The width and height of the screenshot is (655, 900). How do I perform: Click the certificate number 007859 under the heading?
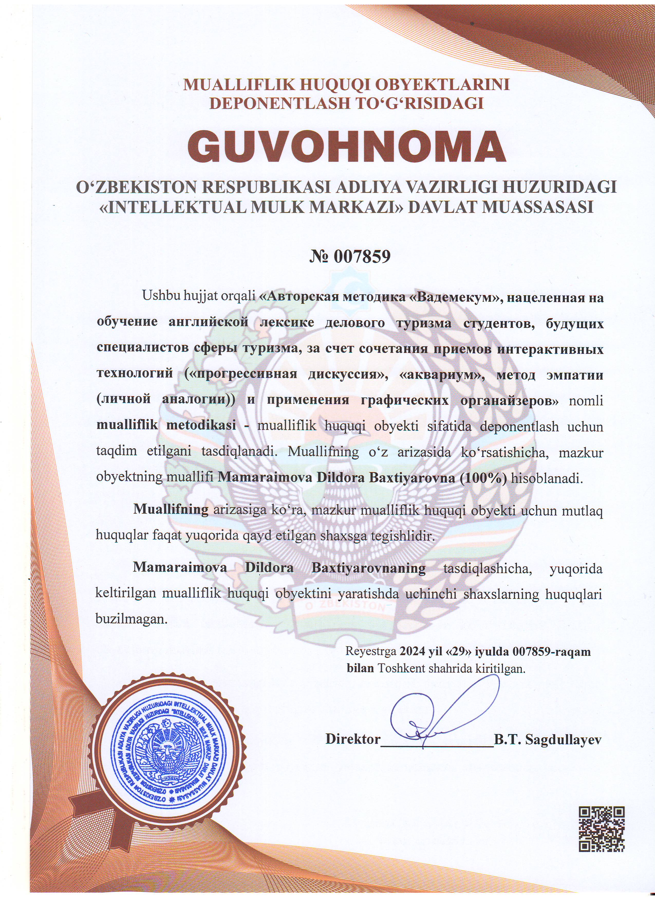tap(361, 257)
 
